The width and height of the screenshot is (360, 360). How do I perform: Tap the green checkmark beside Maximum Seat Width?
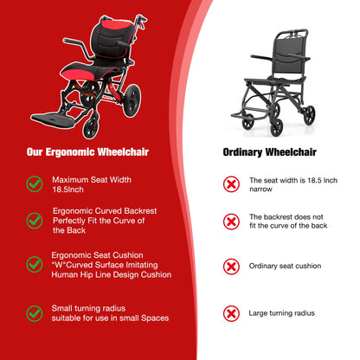34,183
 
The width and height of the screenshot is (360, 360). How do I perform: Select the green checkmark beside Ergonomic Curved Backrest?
34,220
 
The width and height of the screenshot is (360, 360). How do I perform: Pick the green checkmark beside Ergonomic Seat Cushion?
34,264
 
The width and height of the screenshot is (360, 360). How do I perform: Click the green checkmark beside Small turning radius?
34,312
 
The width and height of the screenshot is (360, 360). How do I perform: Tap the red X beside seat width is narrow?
231,183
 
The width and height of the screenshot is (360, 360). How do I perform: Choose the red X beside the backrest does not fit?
231,221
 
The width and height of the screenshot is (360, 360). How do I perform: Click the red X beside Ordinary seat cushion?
231,266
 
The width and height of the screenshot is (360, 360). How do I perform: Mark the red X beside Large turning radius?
231,312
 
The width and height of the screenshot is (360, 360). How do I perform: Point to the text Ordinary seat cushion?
285,266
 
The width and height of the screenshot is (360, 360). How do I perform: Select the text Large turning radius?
281,312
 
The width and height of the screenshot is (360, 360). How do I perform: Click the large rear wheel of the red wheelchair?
132,100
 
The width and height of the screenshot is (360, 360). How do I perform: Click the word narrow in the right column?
261,189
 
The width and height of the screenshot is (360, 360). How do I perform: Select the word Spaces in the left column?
151,318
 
